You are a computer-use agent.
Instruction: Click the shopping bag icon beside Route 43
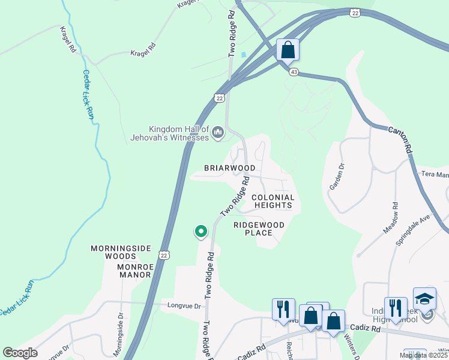pos(288,49)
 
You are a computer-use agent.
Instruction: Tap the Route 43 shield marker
pos(294,72)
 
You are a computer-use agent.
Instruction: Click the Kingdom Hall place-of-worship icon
pos(217,131)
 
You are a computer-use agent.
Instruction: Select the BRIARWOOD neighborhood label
pos(229,168)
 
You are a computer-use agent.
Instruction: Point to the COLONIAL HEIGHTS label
pos(273,201)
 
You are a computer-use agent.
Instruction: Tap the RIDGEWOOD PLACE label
pos(259,229)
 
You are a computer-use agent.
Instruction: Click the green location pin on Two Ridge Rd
pos(200,231)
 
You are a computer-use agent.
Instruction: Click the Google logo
pos(20,353)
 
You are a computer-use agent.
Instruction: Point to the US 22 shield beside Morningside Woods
pos(163,255)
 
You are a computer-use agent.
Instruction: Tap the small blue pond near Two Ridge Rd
pos(243,55)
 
